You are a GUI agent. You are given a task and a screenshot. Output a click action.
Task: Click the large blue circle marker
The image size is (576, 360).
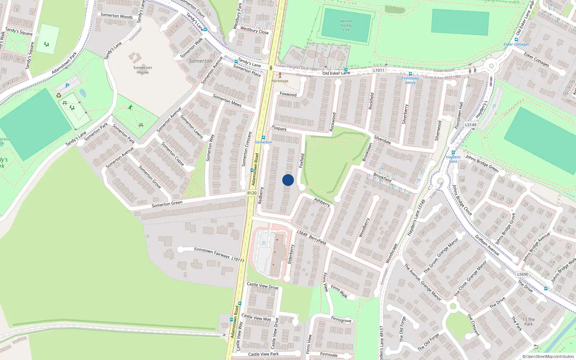tap(288, 180)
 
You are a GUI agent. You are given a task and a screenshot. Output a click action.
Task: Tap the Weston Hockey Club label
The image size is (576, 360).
tap(346, 25)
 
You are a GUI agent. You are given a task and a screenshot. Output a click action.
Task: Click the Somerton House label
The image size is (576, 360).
tap(143, 70)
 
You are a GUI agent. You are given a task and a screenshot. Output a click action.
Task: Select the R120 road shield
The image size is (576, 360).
tap(252, 193)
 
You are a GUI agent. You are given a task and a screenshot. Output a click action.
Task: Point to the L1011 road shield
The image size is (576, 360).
tap(379, 70)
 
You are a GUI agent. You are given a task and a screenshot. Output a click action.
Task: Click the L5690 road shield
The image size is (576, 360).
tap(523, 274)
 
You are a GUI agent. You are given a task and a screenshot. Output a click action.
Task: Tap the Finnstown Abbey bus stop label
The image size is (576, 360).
tap(410, 80)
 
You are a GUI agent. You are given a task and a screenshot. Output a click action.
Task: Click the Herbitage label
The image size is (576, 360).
tap(280, 81)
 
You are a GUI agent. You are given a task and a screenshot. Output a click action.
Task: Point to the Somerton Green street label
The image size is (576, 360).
tap(167, 204)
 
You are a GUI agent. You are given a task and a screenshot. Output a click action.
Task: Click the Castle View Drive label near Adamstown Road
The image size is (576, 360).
tap(262, 285)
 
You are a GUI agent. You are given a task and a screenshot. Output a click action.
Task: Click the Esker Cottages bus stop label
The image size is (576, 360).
tap(516, 44)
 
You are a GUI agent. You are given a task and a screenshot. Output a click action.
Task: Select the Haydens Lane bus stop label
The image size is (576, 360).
tap(453, 159)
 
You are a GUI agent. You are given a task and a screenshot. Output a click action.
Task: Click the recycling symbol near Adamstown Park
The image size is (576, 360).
tap(59, 95)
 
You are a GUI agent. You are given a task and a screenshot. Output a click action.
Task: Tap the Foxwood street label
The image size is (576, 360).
tap(288, 94)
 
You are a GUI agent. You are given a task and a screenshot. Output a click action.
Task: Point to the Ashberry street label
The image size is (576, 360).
tap(322, 202)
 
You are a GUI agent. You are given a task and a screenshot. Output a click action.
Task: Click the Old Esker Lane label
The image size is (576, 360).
tap(336, 73)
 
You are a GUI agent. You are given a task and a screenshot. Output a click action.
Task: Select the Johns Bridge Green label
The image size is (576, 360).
tap(482, 163)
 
